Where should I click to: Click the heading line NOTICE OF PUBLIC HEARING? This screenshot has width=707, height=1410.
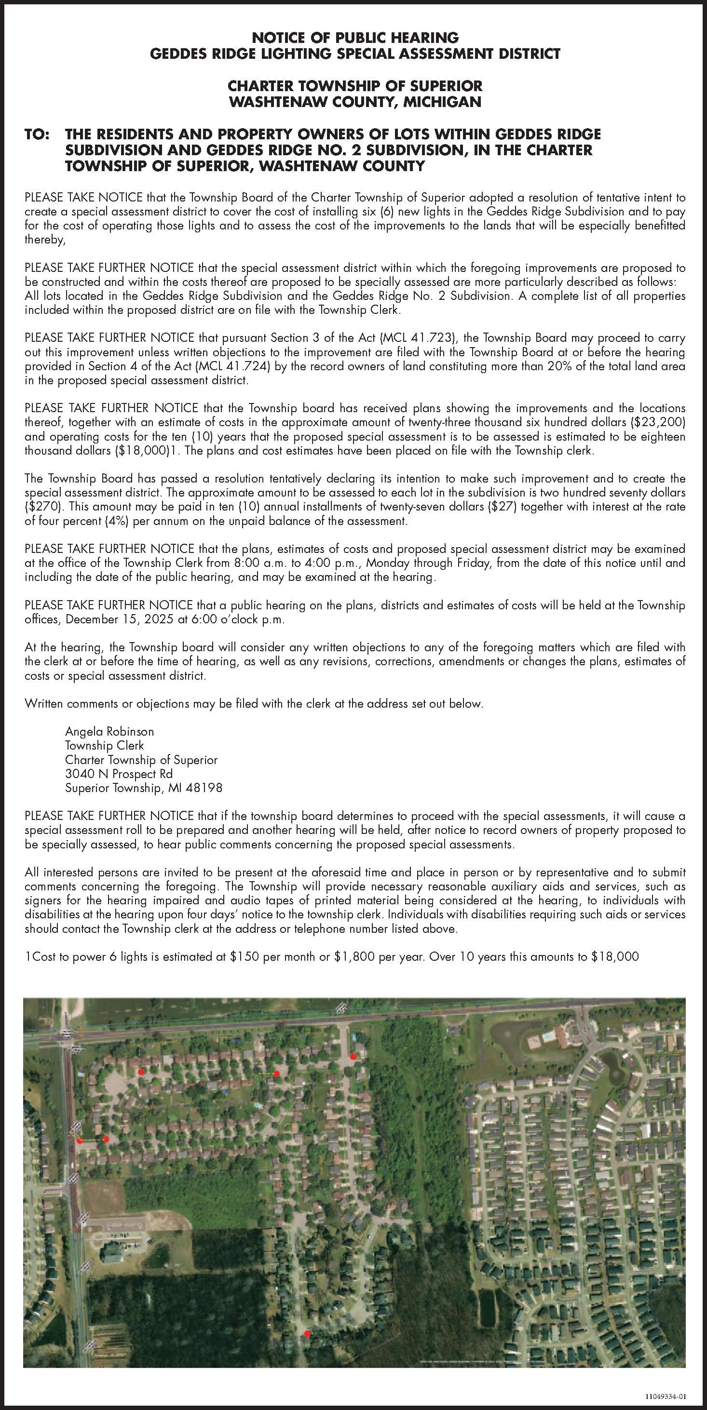tap(355, 38)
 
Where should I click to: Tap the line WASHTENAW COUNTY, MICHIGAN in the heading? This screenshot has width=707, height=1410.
tap(355, 102)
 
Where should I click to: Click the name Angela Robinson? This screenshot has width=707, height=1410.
tap(109, 732)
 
